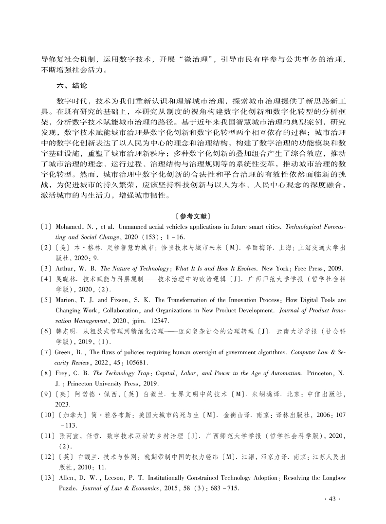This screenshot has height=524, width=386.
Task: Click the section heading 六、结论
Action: pyautogui.click(x=72, y=85)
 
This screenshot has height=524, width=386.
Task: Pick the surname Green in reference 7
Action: pyautogui.click(x=65, y=363)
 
